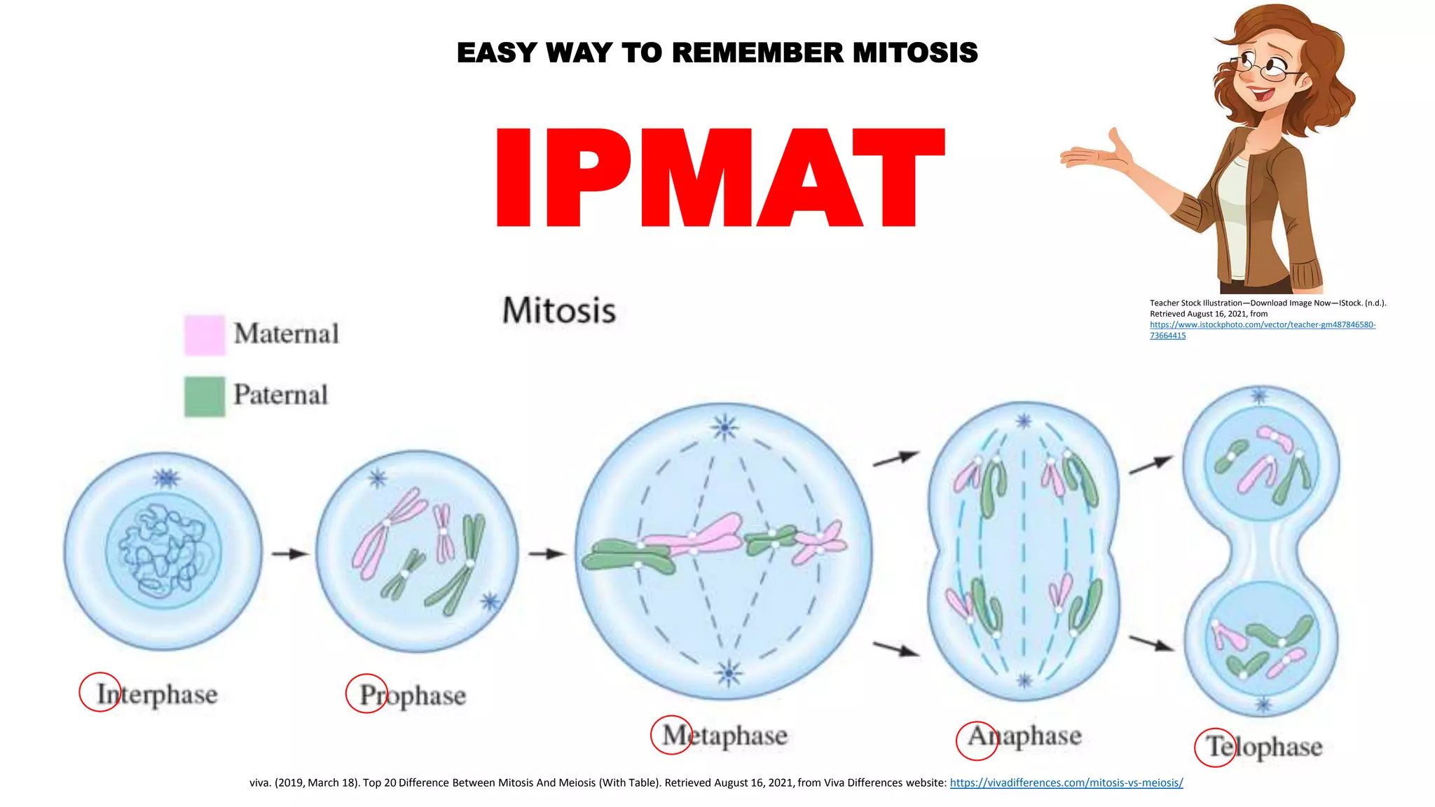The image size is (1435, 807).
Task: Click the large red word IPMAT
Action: [x=720, y=178]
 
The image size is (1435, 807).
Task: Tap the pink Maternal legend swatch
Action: [x=204, y=335]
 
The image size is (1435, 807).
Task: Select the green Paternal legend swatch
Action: [x=204, y=396]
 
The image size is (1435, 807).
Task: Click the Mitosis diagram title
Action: [x=559, y=310]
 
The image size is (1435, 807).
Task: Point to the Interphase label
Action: [x=158, y=694]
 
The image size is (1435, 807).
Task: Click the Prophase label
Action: [x=413, y=696]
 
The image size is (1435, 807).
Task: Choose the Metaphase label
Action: [x=725, y=736]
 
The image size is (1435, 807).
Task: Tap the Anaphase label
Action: [x=1024, y=736]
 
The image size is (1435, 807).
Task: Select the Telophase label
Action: [x=1264, y=747]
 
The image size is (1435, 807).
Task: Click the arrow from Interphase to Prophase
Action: [x=290, y=554]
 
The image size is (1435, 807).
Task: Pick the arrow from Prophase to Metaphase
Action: [x=547, y=554]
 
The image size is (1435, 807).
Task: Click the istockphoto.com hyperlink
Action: [x=1262, y=325]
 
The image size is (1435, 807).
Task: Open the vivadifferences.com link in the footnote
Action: [x=1066, y=783]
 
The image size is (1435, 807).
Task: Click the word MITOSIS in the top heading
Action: [x=915, y=53]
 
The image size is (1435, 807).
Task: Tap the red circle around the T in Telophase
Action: [x=1215, y=747]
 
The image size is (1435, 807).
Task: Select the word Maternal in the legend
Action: [x=286, y=334]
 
